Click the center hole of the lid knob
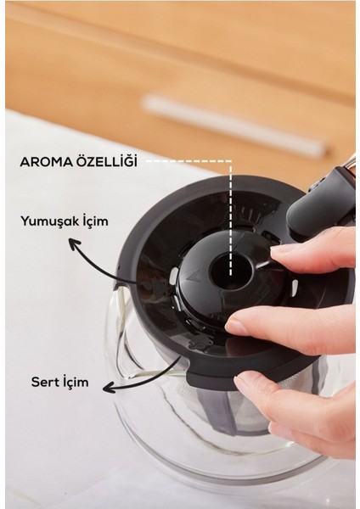click(x=227, y=271)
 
